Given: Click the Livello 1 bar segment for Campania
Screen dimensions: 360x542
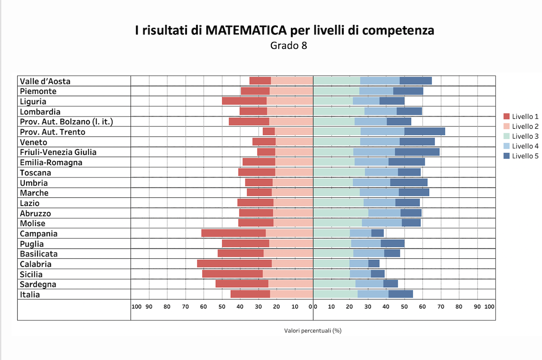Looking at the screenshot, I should (234, 233).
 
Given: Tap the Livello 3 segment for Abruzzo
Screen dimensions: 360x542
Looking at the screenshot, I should (341, 213).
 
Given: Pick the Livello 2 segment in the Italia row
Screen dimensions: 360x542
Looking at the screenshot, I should (291, 294).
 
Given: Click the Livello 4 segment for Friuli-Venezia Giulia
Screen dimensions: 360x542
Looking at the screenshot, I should (374, 152).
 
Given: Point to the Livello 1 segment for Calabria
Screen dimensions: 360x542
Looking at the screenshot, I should (234, 263).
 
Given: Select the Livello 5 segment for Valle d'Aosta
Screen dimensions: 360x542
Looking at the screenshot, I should (416, 81).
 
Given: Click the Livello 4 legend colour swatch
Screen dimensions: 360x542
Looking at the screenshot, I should (506, 146).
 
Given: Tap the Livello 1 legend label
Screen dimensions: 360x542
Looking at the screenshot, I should (525, 116).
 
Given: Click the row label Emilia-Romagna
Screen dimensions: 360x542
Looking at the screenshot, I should (51, 162).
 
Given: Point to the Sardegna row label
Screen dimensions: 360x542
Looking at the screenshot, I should (38, 284).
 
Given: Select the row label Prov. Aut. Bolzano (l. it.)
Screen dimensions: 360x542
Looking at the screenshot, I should (66, 122).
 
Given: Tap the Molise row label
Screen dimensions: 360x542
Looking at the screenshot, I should (33, 223).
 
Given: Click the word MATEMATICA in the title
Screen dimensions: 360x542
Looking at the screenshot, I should (246, 30).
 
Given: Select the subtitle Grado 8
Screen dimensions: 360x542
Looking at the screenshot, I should (289, 45).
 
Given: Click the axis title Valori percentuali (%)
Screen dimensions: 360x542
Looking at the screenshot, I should (313, 331).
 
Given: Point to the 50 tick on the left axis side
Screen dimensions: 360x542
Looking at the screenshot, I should (222, 306).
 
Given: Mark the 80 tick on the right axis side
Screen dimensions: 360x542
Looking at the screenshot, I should (459, 306).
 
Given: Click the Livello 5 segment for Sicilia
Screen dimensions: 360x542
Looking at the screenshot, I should (378, 274).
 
